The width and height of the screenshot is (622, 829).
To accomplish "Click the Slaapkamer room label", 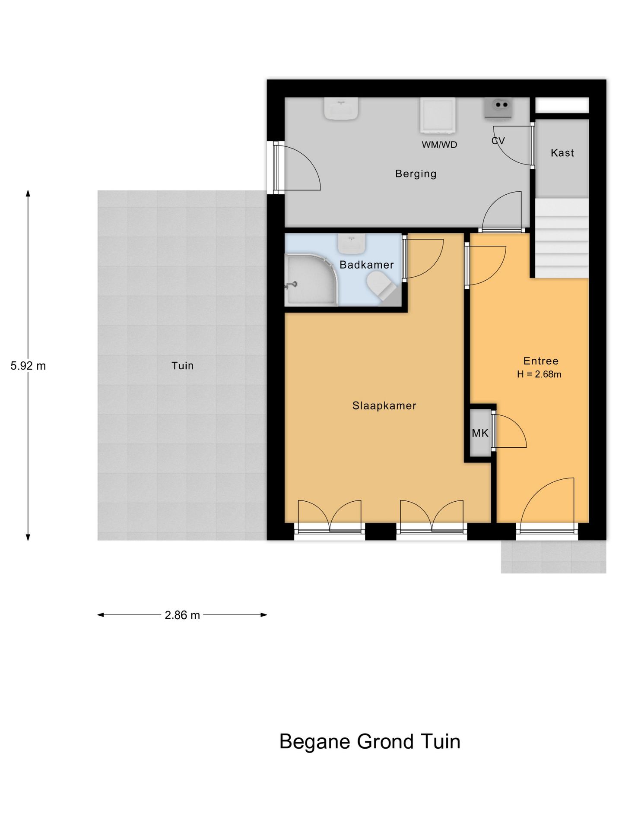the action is [384, 406].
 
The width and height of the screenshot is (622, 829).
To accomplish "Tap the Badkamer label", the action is [366, 265].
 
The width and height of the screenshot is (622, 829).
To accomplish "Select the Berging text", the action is [416, 174].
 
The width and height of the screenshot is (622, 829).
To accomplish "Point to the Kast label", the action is [562, 153].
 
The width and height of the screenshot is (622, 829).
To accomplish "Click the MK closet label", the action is [480, 433].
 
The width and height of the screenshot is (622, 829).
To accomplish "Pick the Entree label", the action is [541, 361].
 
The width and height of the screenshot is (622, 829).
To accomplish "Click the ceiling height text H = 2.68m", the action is [539, 374].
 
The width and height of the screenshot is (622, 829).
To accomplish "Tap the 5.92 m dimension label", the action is [28, 366].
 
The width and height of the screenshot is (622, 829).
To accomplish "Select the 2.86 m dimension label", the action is [182, 615].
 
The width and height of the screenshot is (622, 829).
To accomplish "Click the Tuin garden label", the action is [182, 366].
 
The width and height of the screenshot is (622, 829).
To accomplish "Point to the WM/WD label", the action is [439, 145].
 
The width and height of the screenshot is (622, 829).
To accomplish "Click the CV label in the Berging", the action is [498, 141].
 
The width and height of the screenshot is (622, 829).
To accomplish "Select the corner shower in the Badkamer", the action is [311, 280].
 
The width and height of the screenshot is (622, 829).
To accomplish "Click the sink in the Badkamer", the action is [352, 244].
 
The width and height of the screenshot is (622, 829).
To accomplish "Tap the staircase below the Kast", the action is [562, 238].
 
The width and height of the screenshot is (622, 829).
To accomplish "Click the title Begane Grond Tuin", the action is [370, 742].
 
